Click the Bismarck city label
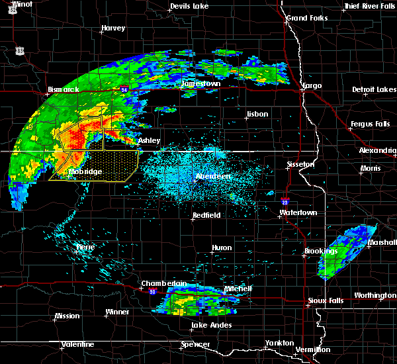(x=64, y=89)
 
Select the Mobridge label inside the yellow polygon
(x=85, y=172)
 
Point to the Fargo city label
(x=312, y=86)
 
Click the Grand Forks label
(x=306, y=17)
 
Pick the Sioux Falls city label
(x=326, y=301)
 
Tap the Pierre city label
(x=85, y=246)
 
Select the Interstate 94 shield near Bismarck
(x=124, y=87)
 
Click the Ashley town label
(x=150, y=141)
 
